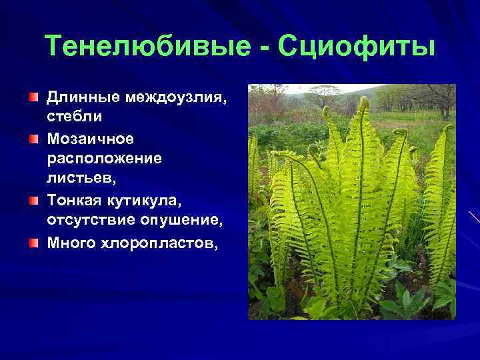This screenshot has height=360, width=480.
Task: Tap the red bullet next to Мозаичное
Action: pyautogui.click(x=33, y=139)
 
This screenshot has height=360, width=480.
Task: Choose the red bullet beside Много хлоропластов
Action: pyautogui.click(x=33, y=241)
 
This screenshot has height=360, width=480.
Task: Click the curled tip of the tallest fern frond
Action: pyautogui.click(x=363, y=103)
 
